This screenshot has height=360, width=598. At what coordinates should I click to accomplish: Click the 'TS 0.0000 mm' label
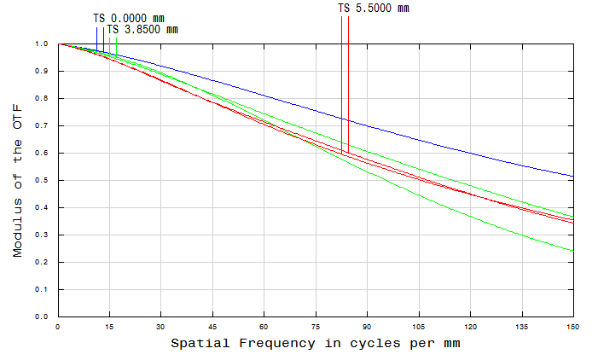(x=128, y=18)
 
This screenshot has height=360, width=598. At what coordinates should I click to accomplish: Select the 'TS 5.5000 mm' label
(x=374, y=8)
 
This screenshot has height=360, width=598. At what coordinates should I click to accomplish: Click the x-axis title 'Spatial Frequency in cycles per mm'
(x=316, y=344)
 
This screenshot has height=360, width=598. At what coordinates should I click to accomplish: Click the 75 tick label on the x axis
(x=316, y=327)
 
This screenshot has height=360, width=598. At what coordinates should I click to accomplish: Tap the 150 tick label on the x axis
(x=573, y=327)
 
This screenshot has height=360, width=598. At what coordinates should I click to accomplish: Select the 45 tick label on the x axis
(x=212, y=327)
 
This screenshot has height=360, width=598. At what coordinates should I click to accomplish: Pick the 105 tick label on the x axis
(x=418, y=327)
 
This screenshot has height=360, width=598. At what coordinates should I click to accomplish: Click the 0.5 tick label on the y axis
(x=42, y=180)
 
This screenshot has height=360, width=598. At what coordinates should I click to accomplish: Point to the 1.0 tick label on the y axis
(x=42, y=44)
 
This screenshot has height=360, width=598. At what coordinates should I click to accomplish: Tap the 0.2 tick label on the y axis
(x=42, y=262)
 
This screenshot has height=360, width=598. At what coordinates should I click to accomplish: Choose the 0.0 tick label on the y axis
(x=42, y=316)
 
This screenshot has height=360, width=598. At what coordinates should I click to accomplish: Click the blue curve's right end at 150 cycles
(x=572, y=177)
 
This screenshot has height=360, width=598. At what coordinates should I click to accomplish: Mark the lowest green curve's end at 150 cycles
(x=572, y=251)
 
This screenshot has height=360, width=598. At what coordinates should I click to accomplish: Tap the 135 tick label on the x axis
(x=521, y=327)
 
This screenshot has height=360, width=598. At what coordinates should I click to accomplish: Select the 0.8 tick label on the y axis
(x=42, y=98)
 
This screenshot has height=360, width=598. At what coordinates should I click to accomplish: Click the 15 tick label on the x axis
(x=109, y=327)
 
